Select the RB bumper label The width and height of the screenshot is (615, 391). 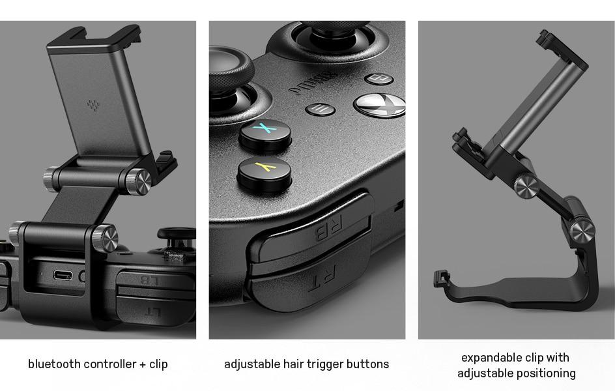click(x=329, y=228)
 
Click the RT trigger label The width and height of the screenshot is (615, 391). click(x=322, y=278)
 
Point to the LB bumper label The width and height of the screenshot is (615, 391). click(x=150, y=280)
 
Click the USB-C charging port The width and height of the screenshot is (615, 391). click(x=63, y=275)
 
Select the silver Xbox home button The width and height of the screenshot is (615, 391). click(x=380, y=105)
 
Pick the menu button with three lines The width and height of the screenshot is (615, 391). click(x=320, y=109)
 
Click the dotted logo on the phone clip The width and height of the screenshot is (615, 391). click(x=93, y=105)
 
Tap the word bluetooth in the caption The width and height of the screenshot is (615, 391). click(x=55, y=364)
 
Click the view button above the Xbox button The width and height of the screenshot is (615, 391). click(x=379, y=79)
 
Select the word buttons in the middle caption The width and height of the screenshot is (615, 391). click(x=367, y=364)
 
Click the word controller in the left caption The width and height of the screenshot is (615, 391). click(x=110, y=364)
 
